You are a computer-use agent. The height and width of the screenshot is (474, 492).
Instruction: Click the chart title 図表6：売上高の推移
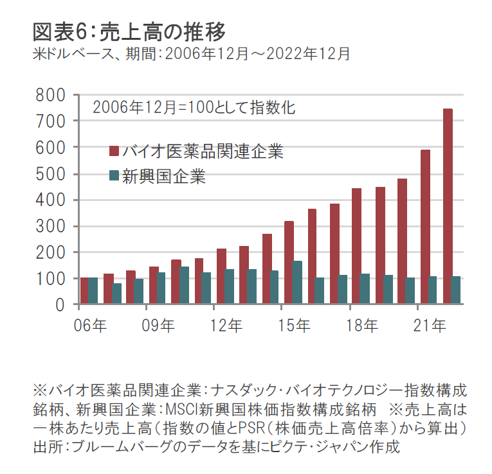pyautogui.click(x=129, y=31)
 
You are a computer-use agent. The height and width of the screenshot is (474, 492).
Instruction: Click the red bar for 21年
pyautogui.click(x=425, y=227)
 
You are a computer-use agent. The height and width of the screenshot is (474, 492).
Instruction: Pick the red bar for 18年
pyautogui.click(x=357, y=247)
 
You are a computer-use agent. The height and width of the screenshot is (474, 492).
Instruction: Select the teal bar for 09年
pyautogui.click(x=161, y=288)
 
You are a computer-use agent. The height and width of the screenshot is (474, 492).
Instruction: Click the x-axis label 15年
pyautogui.click(x=294, y=326)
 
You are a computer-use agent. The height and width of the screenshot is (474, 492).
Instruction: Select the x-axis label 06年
pyautogui.click(x=90, y=326)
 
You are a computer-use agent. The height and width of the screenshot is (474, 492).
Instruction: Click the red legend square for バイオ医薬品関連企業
pyautogui.click(x=114, y=152)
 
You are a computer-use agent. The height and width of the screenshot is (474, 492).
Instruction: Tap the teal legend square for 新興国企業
pyautogui.click(x=114, y=176)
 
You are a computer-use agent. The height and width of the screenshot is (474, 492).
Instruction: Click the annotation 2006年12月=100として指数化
pyautogui.click(x=194, y=107)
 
